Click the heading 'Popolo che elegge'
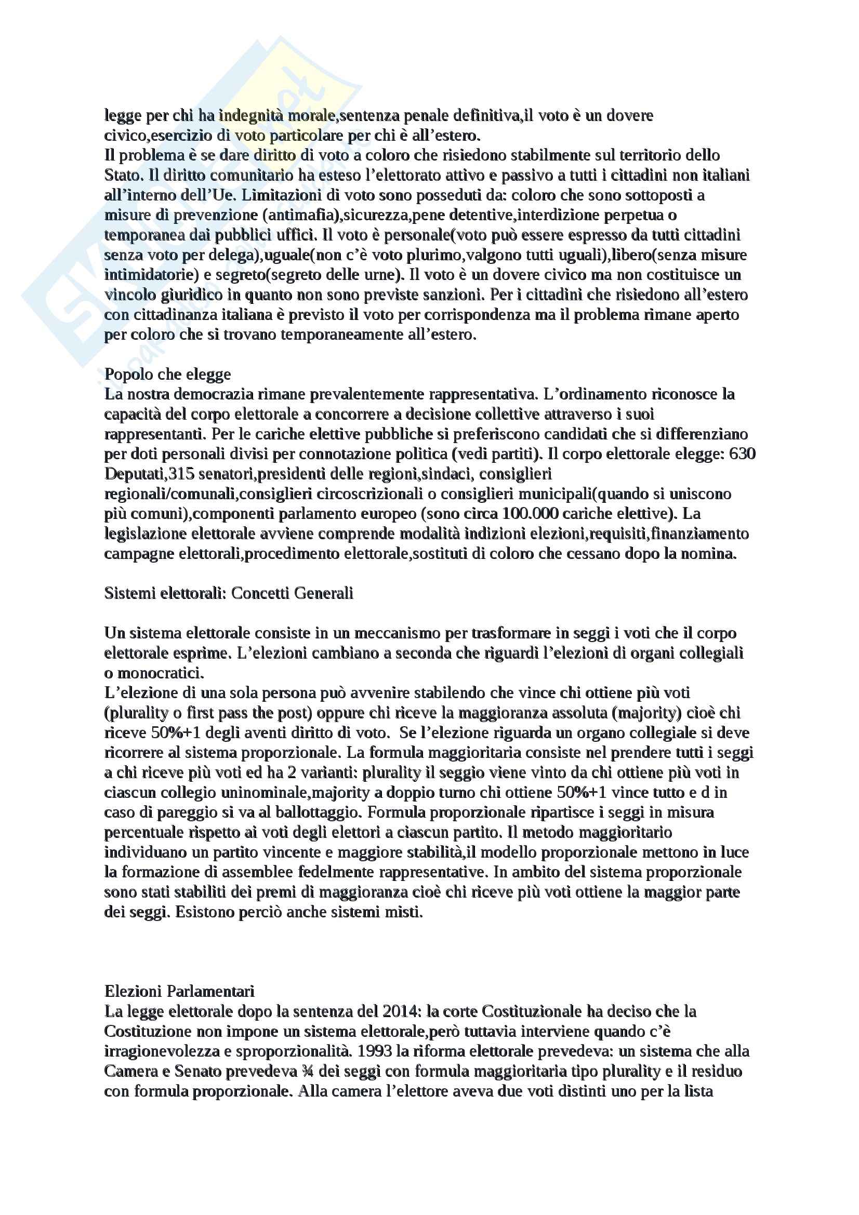tap(167, 374)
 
